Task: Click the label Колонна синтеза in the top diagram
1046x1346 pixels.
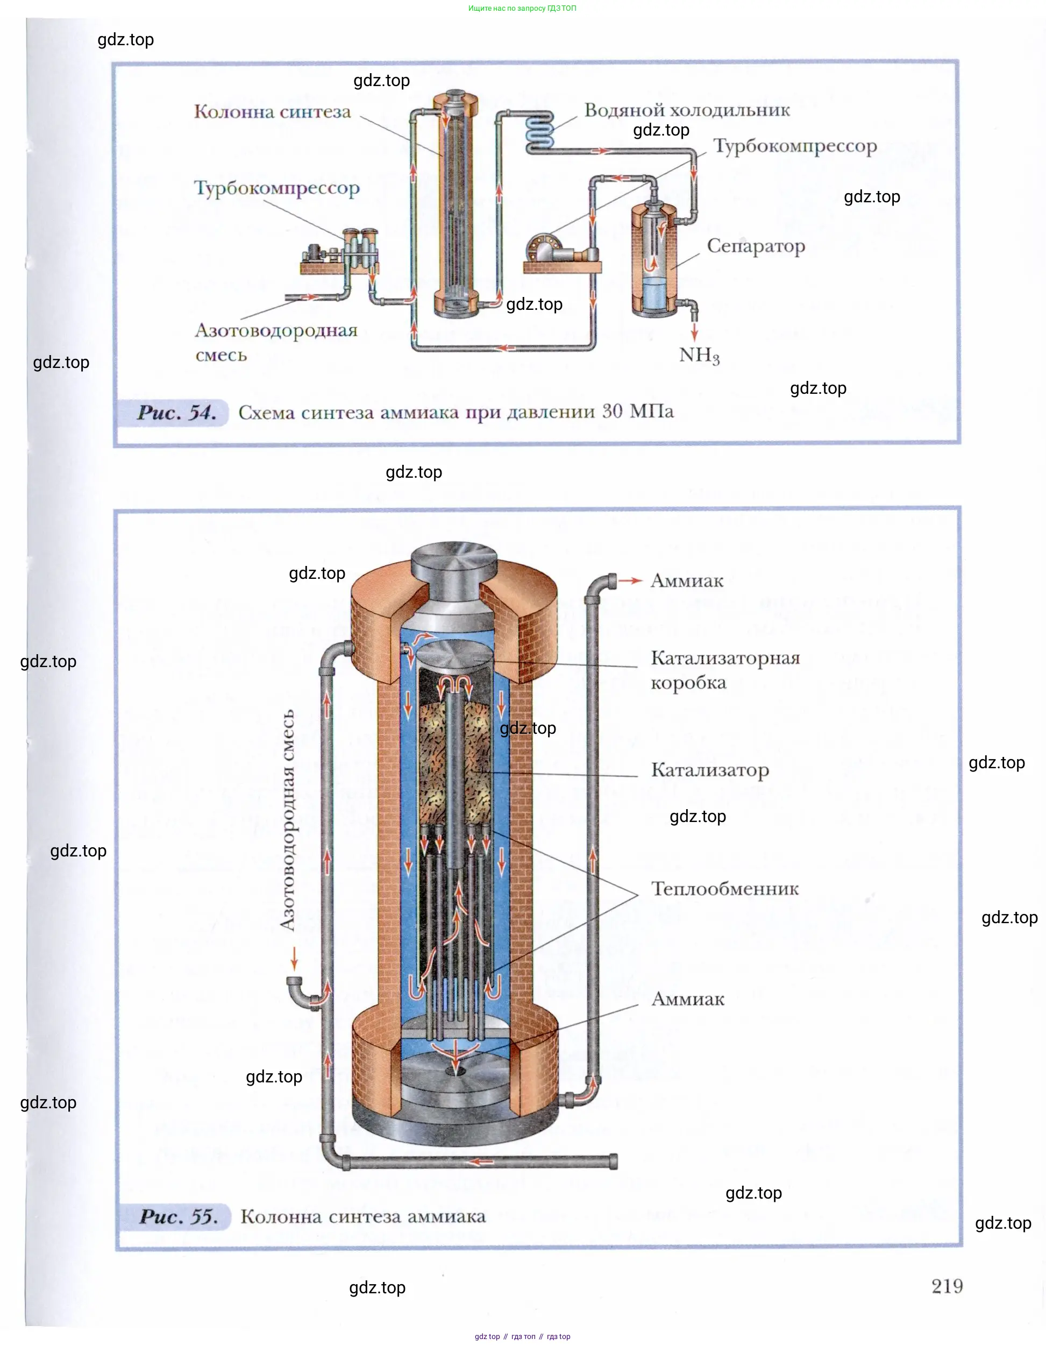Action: [x=272, y=111]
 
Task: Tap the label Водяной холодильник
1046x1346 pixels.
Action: [x=687, y=110]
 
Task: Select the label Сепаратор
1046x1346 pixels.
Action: [x=756, y=246]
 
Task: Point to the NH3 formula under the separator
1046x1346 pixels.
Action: [x=699, y=356]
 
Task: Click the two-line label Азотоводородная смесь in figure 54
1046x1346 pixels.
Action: [x=276, y=343]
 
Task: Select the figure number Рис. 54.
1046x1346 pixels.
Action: [x=177, y=412]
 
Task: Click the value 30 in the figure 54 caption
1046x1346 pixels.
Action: [x=613, y=411]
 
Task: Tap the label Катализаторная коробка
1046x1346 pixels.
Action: [x=725, y=670]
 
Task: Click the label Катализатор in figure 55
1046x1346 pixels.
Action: [x=710, y=770]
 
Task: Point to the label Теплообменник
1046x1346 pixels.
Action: [x=724, y=889]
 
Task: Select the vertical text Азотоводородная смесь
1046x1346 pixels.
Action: [x=287, y=820]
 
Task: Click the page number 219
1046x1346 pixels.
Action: [x=947, y=1286]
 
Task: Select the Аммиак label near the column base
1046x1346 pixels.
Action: [x=687, y=999]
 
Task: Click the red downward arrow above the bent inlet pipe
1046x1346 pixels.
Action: [x=295, y=958]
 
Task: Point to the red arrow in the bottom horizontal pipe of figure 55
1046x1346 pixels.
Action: [x=481, y=1163]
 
